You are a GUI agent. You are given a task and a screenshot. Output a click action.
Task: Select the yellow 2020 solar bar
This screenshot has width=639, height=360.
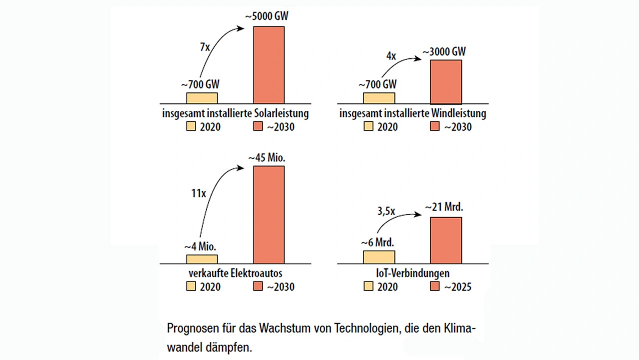click(202, 98)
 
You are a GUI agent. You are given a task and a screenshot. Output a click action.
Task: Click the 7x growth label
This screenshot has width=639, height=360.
click(205, 48)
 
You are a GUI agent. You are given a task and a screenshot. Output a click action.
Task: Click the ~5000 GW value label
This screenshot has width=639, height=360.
click(267, 16)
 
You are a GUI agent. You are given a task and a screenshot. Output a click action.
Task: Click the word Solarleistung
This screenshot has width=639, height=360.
click(281, 113)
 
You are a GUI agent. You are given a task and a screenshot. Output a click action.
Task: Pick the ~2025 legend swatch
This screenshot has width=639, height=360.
click(436, 287)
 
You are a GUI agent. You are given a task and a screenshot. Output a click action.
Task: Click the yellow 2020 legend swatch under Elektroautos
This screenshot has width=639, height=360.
click(191, 287)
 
